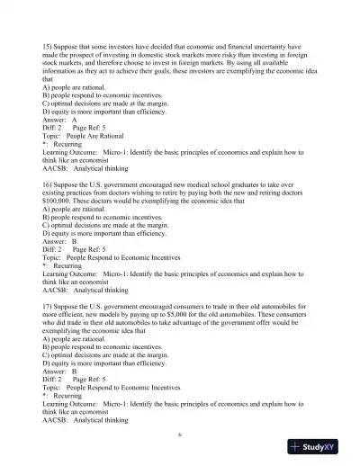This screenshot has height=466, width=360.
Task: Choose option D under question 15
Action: (108, 109)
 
